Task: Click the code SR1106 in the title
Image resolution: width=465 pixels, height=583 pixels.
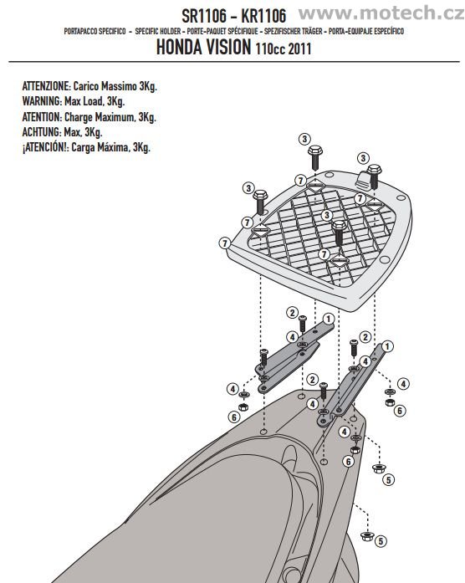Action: coord(204,16)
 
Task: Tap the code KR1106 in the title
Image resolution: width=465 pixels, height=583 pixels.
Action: coord(263,16)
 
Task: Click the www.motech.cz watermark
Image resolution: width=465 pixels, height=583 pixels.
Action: coord(381,13)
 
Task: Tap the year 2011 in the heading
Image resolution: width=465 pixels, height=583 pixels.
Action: coord(299,49)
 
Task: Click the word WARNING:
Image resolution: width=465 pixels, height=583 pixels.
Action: coord(42,101)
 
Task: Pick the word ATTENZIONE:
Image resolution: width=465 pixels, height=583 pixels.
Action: coord(46,86)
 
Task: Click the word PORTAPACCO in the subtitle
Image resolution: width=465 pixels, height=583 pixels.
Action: coord(81,31)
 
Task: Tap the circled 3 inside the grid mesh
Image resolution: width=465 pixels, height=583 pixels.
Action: coord(327,215)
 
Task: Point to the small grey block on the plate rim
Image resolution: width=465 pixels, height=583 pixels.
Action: coord(362,180)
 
